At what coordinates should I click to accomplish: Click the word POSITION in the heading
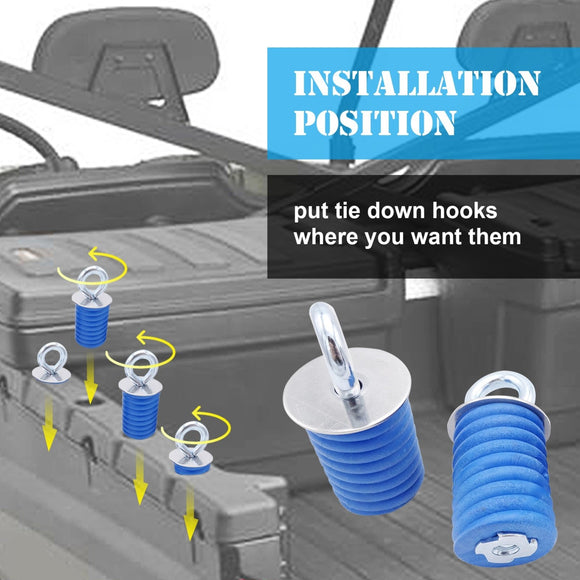(x=374, y=122)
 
